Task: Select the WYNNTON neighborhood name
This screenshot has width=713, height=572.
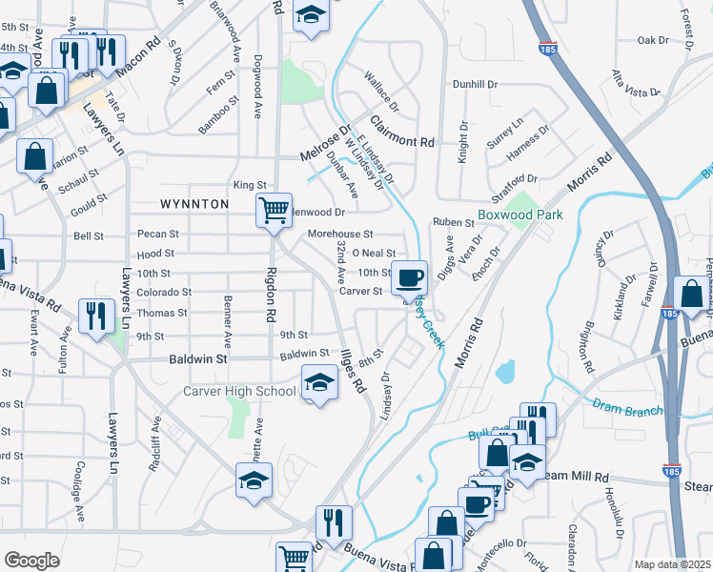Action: tap(194, 204)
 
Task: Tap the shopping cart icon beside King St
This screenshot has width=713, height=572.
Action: tap(274, 210)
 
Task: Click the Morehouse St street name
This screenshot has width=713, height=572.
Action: tap(340, 234)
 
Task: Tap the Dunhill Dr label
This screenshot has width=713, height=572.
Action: tap(476, 85)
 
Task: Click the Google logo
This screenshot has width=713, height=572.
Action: tap(31, 561)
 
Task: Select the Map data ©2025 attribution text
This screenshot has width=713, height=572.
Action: tap(672, 564)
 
